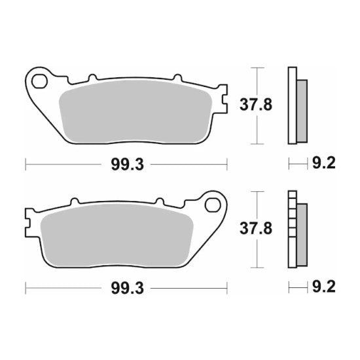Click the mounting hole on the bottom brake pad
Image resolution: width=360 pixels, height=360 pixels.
tap(212, 206)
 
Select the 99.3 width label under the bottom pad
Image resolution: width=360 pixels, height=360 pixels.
tap(125, 287)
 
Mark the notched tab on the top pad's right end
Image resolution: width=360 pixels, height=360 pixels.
tap(223, 98)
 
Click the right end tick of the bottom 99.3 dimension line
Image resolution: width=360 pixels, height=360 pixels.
tap(226, 287)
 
